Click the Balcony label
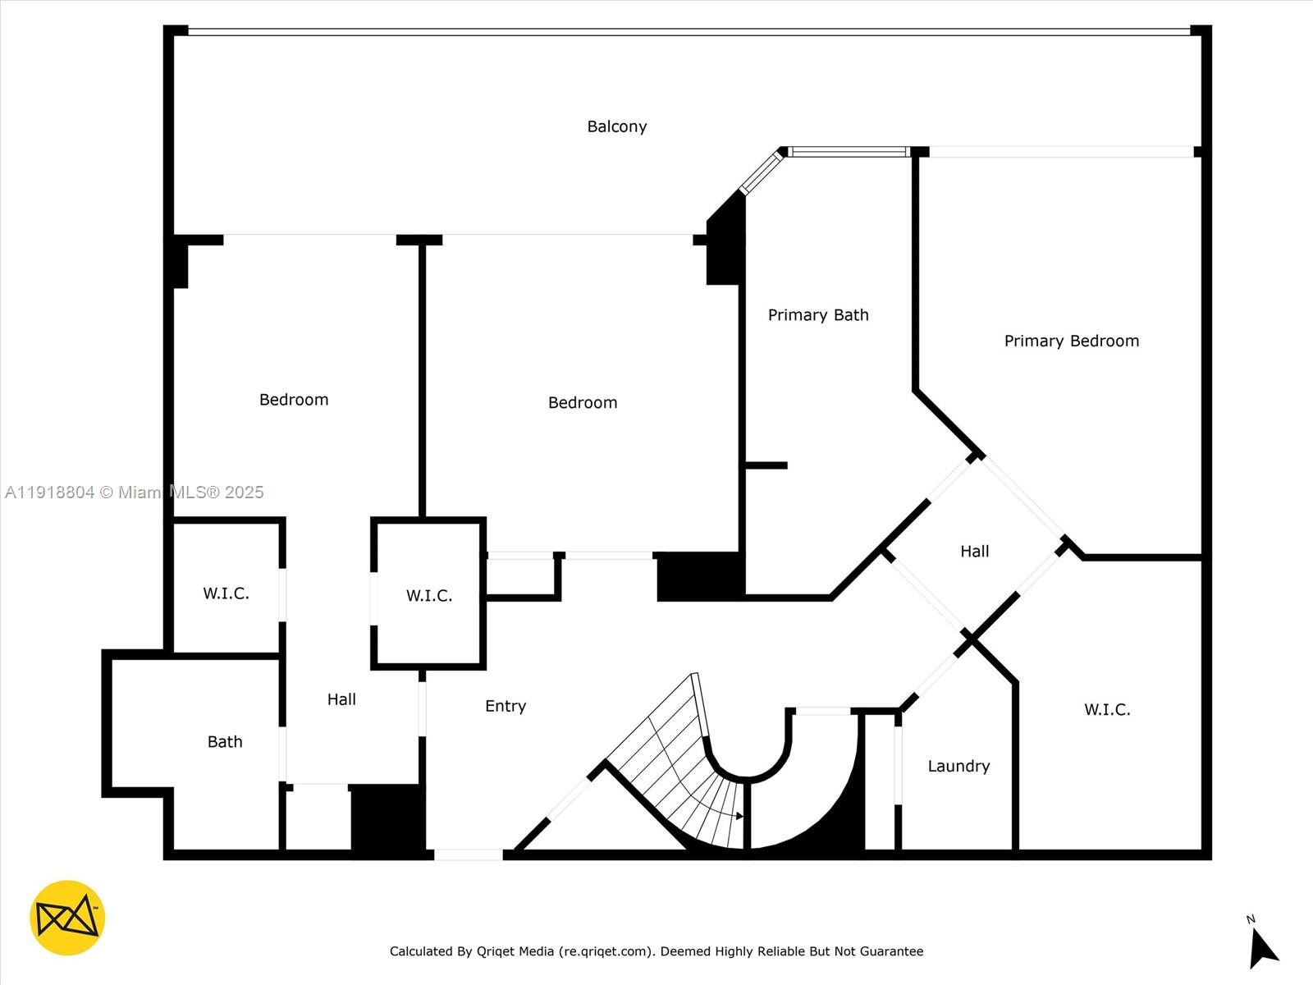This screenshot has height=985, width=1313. click(x=617, y=126)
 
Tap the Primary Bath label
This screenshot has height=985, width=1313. click(x=818, y=315)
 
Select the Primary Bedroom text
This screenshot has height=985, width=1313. click(x=1072, y=341)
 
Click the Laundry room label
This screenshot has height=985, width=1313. click(x=958, y=767)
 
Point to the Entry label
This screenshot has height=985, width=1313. click(x=506, y=706)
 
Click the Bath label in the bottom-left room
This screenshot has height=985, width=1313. click(x=225, y=742)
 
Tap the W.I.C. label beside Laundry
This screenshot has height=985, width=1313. click(x=1107, y=710)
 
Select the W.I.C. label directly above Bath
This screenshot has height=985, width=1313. click(x=226, y=593)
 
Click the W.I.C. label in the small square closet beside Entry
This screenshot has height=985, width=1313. click(x=429, y=596)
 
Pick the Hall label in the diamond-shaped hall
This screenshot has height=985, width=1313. click(x=975, y=552)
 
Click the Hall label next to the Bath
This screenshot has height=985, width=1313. click(x=341, y=699)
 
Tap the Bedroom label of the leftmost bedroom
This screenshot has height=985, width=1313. click(x=294, y=400)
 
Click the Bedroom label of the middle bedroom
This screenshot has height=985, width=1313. click(x=583, y=403)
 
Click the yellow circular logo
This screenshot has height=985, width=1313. click(x=67, y=918)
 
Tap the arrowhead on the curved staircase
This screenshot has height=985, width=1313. click(x=739, y=816)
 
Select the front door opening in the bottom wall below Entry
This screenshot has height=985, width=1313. click(x=468, y=854)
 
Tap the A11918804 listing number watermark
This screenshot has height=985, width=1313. click(x=49, y=492)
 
